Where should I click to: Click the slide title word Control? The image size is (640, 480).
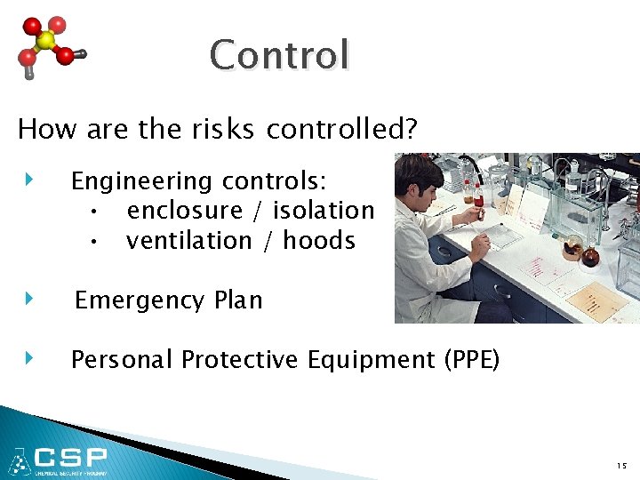[x=279, y=55]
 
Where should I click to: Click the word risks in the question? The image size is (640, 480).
[x=217, y=130]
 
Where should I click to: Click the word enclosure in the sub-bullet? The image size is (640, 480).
[x=185, y=212]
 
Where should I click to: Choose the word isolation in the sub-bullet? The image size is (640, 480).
[x=324, y=212]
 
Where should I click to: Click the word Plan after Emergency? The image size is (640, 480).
[x=238, y=300]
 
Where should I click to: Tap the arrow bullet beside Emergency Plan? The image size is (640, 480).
[x=29, y=299]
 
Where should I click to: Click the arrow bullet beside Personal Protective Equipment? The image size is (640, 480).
[x=29, y=358]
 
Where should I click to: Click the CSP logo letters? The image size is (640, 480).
[x=71, y=459]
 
